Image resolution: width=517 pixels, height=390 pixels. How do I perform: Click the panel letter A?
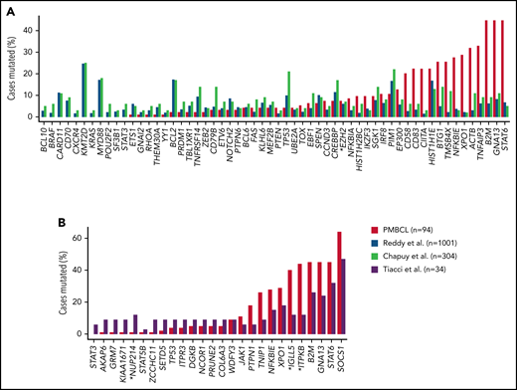coord(8,9)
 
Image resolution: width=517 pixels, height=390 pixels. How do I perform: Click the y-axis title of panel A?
coord(12,65)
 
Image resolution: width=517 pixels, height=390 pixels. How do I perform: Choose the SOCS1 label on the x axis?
coord(366,354)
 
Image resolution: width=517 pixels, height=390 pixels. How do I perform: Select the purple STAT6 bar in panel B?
coord(360,309)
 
